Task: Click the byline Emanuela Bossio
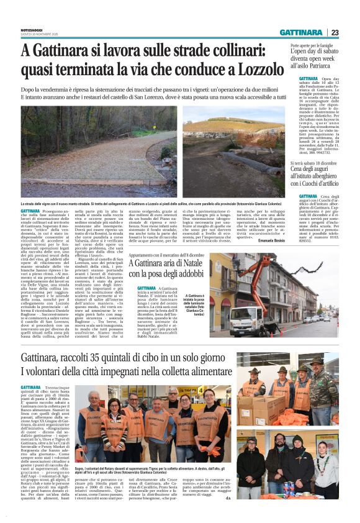point(272,240)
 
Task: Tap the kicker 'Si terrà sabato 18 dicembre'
point(317,181)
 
